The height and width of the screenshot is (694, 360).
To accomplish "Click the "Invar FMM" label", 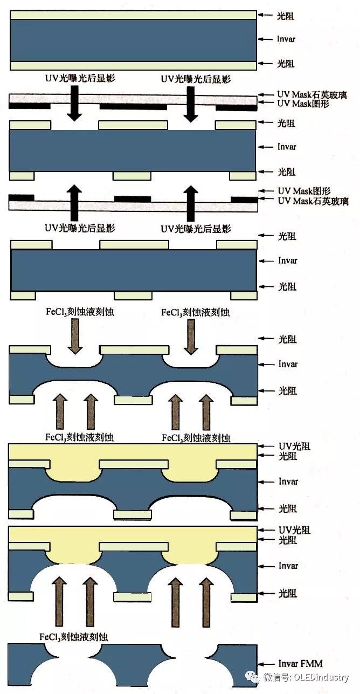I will pos(300,664).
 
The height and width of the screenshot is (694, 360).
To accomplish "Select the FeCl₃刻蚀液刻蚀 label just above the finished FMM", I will pos(74,636).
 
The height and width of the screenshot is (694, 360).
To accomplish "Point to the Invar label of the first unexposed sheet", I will pos(286,39).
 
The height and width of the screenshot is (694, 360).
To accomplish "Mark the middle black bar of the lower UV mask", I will pos(132,199).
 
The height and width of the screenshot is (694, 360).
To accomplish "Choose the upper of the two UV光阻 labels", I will pos(294,446).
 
